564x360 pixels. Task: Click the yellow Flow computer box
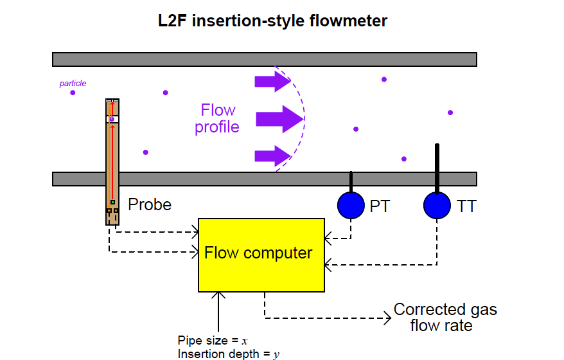point(261,255)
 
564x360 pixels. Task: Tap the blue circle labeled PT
point(351,205)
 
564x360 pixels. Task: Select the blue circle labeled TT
point(437,205)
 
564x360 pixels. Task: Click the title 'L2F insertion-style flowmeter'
point(273,21)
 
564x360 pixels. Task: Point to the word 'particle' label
point(73,83)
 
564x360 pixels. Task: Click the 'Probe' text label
point(150,205)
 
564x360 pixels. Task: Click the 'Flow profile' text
point(218,118)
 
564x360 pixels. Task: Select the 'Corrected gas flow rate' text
point(445,317)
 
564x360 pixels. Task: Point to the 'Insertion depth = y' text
point(229,354)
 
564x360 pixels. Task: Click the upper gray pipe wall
point(264,60)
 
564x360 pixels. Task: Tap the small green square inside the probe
point(112,203)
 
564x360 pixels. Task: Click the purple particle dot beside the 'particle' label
point(73,93)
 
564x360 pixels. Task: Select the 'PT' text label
point(380,206)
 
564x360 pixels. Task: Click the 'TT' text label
point(466,206)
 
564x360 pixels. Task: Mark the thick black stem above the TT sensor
point(437,168)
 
